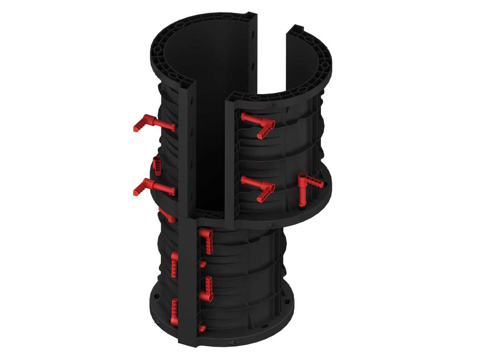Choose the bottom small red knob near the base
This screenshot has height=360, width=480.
click(x=202, y=329)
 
